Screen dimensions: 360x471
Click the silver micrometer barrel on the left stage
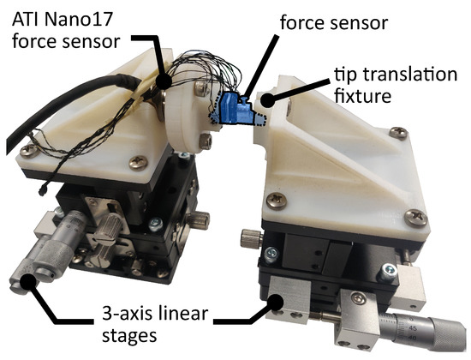[51, 252]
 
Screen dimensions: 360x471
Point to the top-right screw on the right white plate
[398, 133]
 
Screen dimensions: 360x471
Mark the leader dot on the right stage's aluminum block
[278, 299]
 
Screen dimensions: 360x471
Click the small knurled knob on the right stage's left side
[247, 237]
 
